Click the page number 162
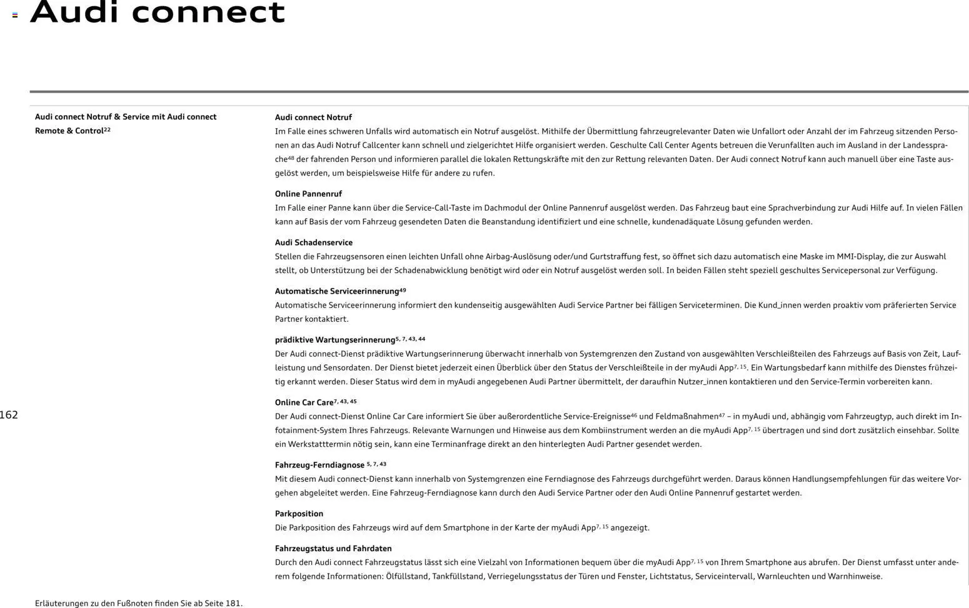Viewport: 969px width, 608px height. coord(9,415)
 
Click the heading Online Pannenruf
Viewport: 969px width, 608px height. coord(308,194)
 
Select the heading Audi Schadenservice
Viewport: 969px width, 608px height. coord(313,242)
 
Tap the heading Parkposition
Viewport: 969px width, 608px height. coord(299,514)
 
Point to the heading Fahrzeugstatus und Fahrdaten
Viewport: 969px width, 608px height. coord(333,549)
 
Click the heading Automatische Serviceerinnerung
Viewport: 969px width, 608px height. coord(336,291)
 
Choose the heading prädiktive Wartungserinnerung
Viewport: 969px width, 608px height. coord(334,340)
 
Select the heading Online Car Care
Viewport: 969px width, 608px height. coord(304,402)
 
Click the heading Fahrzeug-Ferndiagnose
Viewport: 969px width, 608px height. coord(319,465)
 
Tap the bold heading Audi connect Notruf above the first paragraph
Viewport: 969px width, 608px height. coord(313,117)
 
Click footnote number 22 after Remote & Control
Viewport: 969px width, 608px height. coord(107,129)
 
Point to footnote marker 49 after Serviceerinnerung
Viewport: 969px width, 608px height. coord(403,290)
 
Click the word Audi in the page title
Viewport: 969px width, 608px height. coord(75,12)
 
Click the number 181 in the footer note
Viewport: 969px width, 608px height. coord(233,604)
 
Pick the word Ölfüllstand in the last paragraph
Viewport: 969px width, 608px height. coord(407,576)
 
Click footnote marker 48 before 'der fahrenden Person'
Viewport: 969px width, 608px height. coord(291,158)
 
